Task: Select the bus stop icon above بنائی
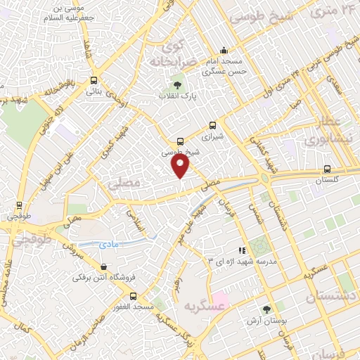94,80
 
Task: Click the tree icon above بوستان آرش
266,309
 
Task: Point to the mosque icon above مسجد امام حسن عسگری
224,50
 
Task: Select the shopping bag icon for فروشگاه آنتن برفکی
104,267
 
